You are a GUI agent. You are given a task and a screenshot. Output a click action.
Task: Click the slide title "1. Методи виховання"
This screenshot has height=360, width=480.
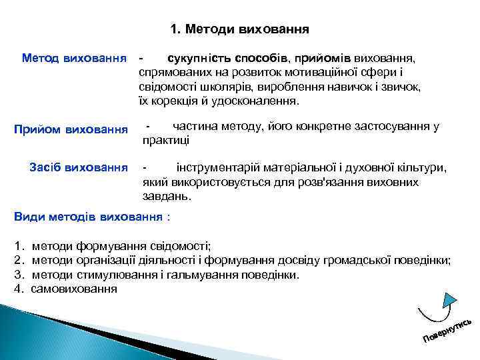point(239,29)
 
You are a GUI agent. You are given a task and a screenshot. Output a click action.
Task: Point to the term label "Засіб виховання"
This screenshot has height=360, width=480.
point(79,166)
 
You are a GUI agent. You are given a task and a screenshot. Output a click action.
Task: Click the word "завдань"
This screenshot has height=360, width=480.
point(166,197)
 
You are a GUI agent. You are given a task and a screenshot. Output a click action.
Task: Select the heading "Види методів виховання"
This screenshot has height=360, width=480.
point(88,217)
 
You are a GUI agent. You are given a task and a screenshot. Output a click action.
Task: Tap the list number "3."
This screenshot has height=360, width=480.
point(19,274)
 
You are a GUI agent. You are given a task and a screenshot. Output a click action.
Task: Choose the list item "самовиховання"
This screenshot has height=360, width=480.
point(74,289)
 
